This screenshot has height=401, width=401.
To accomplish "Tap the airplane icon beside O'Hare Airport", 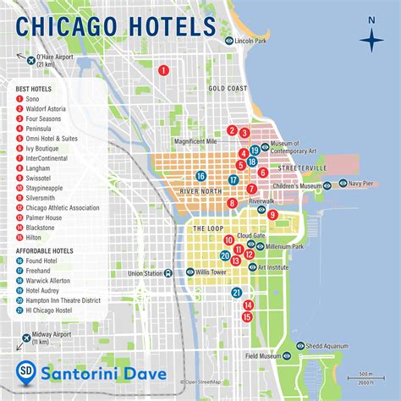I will [31, 61].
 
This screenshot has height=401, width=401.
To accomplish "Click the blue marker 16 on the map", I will [200, 176].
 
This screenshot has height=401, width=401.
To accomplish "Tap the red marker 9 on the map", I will [272, 215].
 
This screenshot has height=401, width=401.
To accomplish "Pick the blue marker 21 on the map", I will [237, 293].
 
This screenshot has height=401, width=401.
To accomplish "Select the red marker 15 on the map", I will [247, 316].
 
